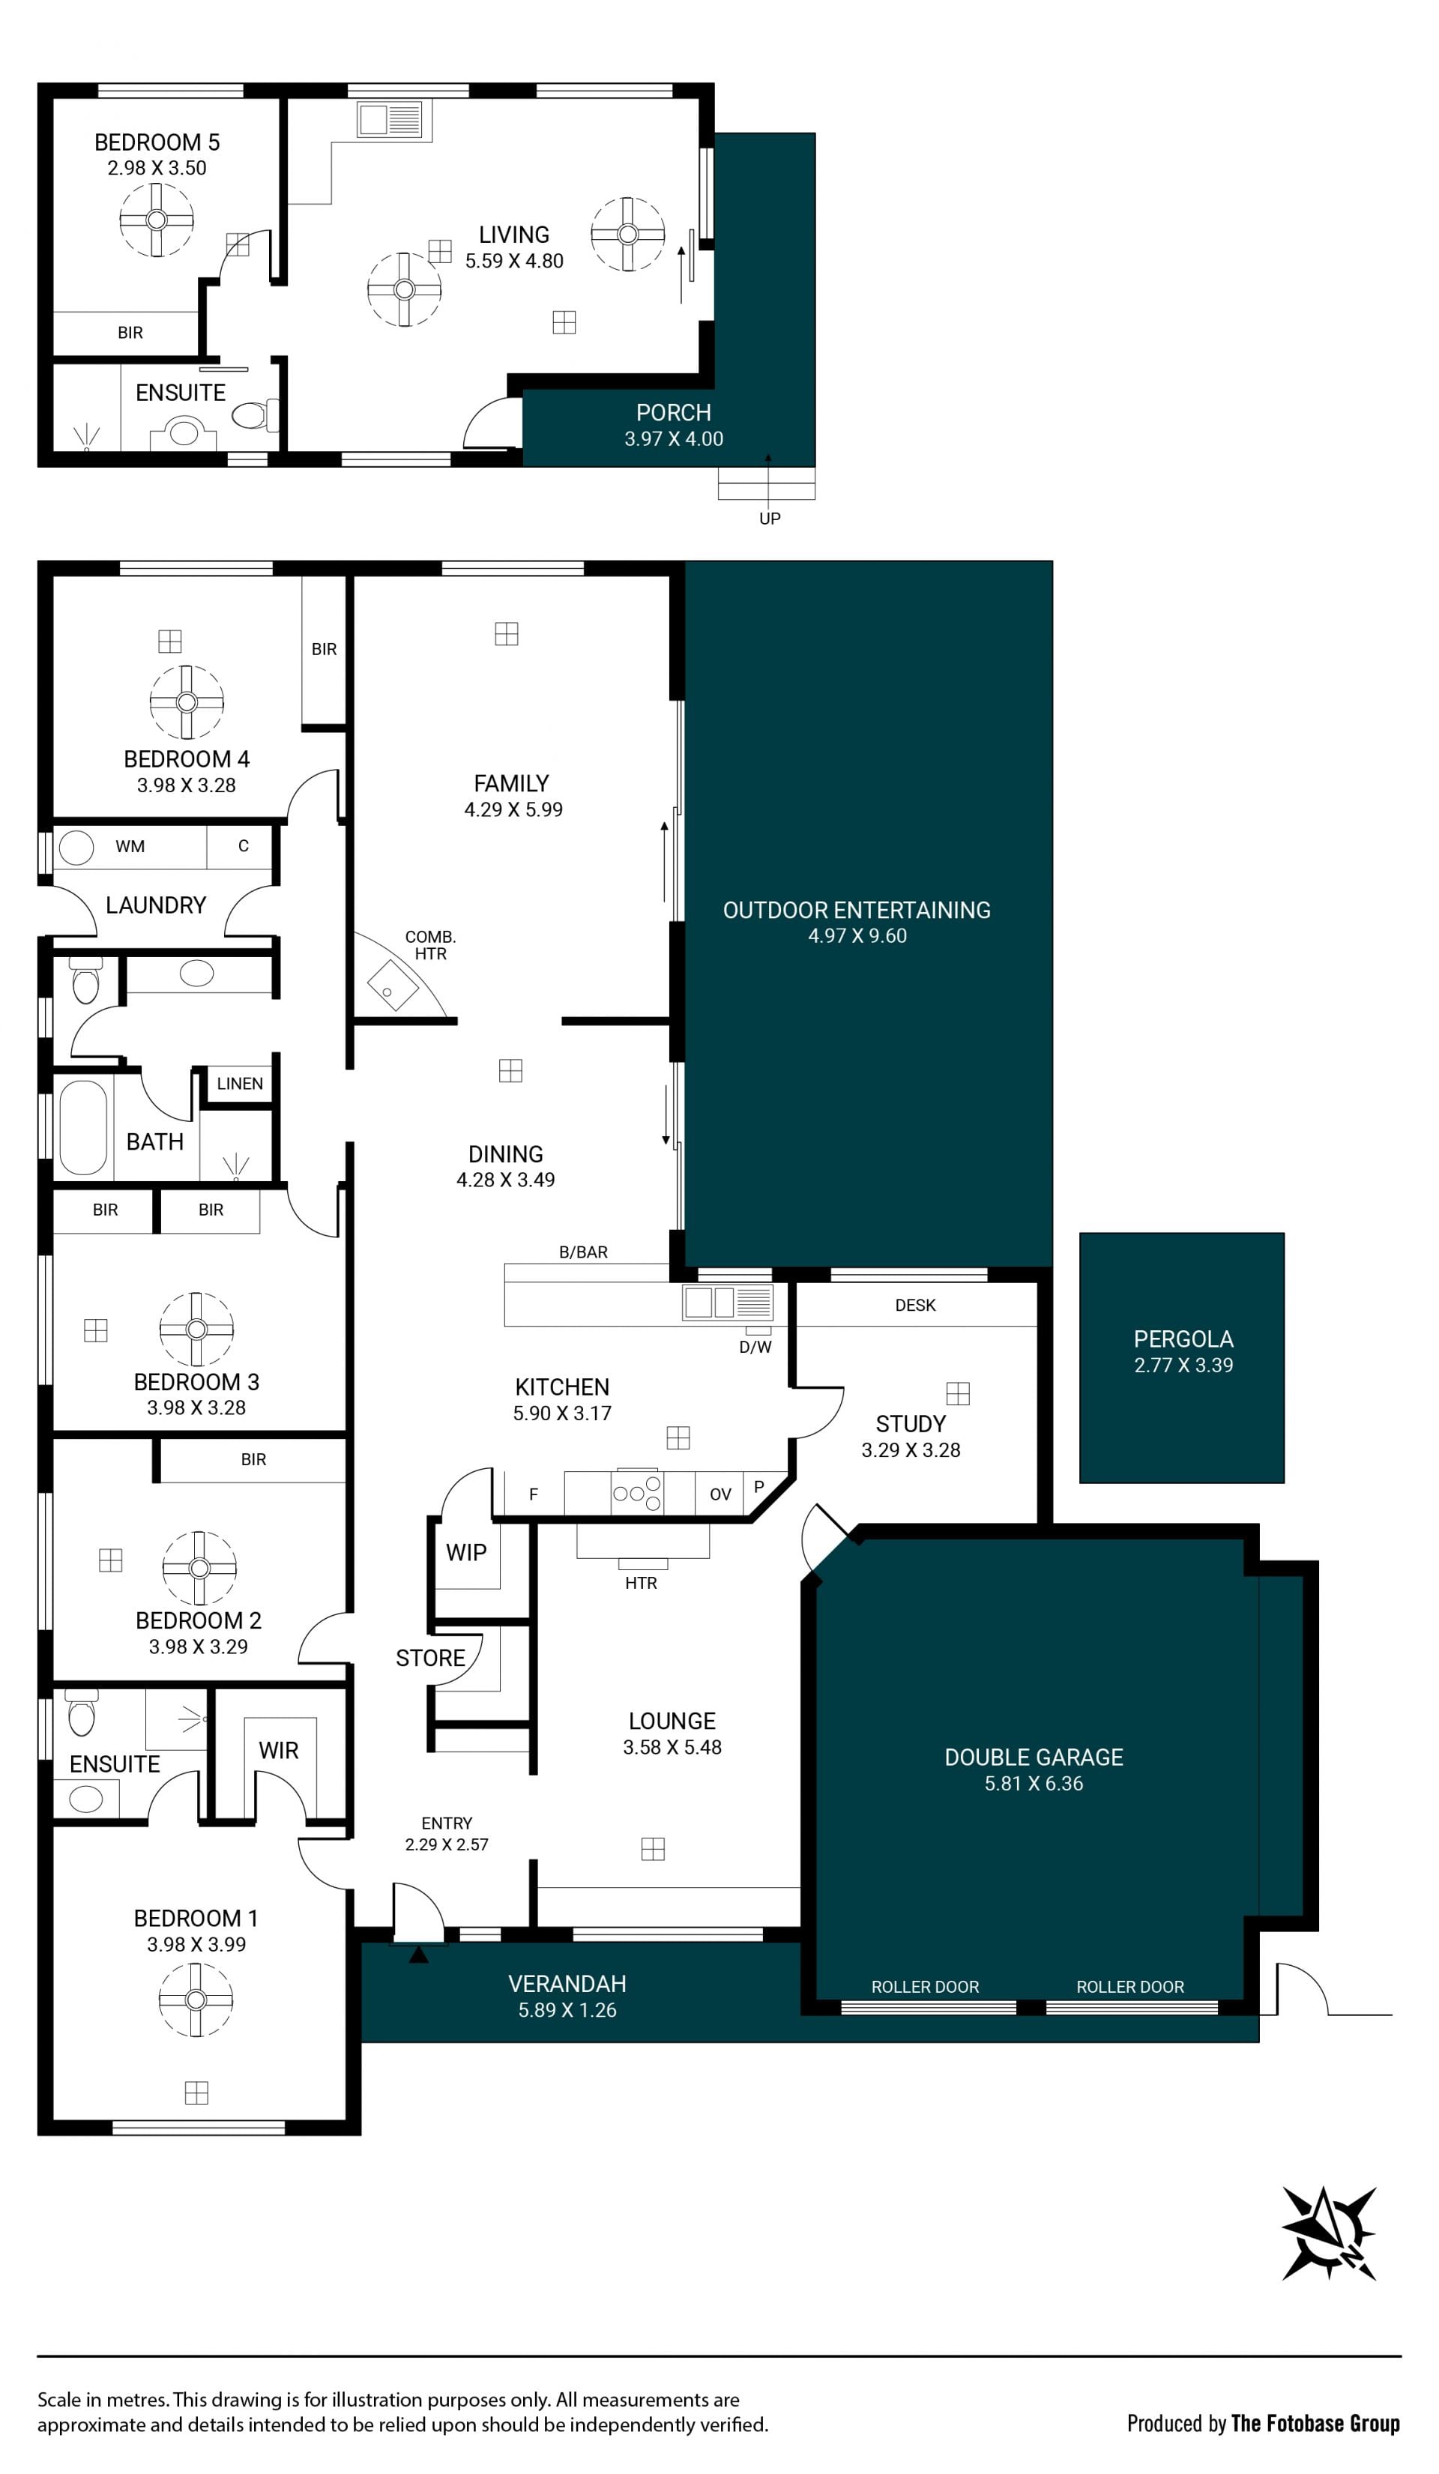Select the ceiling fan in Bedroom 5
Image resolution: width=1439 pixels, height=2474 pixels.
coord(156,220)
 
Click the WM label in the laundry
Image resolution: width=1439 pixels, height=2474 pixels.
coord(130,846)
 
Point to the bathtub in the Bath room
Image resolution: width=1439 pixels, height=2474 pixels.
coord(83,1128)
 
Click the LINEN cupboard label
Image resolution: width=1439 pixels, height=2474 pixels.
coord(240,1084)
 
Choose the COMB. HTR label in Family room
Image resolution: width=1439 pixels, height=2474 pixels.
coord(430,945)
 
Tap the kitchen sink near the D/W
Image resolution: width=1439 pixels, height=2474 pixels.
coord(727,1303)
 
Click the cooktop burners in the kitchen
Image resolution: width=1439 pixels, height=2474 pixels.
coord(637,1493)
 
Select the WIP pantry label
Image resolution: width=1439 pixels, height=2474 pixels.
coord(466,1552)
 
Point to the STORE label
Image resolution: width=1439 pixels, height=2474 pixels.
coord(430,1658)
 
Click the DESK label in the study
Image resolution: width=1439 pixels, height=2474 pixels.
coord(915,1305)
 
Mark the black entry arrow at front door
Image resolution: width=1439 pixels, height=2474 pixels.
coord(418,1955)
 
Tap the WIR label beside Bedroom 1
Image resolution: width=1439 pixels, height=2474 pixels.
coord(279,1751)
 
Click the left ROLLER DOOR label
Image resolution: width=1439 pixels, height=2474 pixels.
coord(925,1987)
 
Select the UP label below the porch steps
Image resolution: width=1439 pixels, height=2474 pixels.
coord(770,519)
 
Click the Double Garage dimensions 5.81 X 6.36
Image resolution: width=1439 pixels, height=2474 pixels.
coord(1034,1784)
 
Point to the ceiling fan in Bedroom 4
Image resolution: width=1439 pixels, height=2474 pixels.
coord(187,702)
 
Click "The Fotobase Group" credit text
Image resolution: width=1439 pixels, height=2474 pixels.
coord(1315,2423)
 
